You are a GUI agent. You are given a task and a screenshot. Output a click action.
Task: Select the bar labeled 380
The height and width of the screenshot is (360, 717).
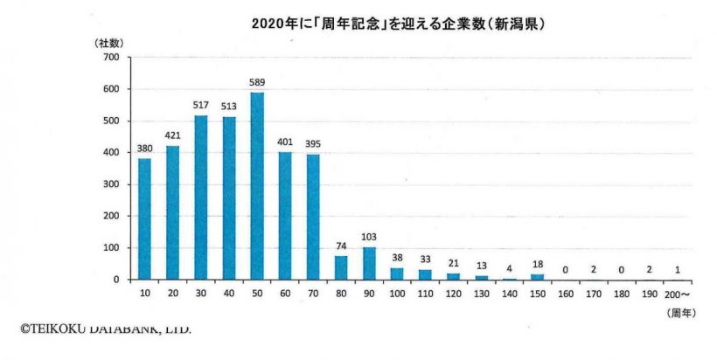tap(144, 219)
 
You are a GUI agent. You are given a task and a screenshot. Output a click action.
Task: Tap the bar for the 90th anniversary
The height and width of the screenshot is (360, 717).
tap(369, 263)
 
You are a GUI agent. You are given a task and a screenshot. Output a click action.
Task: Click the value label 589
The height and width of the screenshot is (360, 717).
tap(257, 83)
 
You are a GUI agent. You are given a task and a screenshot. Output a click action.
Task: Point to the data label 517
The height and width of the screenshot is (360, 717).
tap(201, 106)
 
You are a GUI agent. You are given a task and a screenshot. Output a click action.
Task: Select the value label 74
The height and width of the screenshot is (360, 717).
tap(341, 246)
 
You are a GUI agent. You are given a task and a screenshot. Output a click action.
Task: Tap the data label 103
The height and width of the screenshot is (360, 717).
tap(369, 238)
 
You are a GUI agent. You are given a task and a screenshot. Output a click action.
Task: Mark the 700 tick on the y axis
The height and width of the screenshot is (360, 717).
tap(111, 58)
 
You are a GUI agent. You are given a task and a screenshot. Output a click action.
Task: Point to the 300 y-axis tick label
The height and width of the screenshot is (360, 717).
tap(111, 184)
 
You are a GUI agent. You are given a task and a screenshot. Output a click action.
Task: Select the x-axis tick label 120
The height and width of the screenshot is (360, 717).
tap(454, 295)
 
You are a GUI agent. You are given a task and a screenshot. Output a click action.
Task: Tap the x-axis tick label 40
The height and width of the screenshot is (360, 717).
tap(229, 295)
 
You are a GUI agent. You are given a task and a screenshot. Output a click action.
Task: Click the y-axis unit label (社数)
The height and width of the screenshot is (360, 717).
tap(108, 42)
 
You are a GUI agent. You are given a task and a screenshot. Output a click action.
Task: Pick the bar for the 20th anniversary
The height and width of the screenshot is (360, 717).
tap(172, 212)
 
